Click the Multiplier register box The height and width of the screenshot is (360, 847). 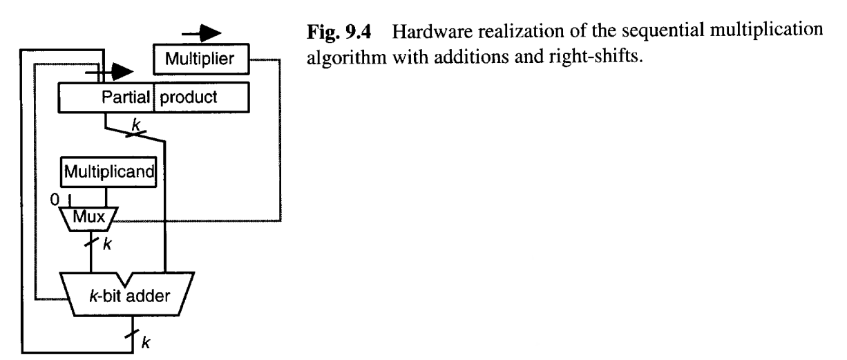[x=200, y=61]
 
